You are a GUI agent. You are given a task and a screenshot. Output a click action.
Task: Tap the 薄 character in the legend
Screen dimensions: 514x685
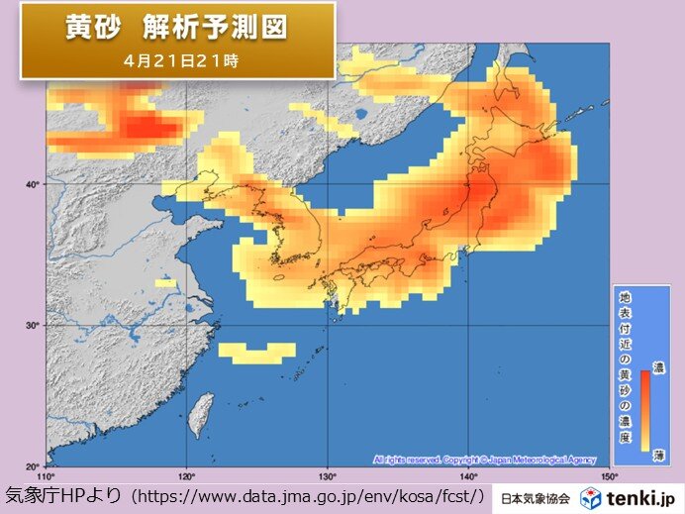(x=659, y=454)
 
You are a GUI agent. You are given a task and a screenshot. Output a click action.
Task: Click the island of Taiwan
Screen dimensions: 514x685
(x=201, y=413)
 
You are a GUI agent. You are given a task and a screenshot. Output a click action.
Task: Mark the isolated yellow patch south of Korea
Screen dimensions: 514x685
(x=256, y=351)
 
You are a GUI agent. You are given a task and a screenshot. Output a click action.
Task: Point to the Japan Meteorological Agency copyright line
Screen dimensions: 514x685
(x=484, y=460)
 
